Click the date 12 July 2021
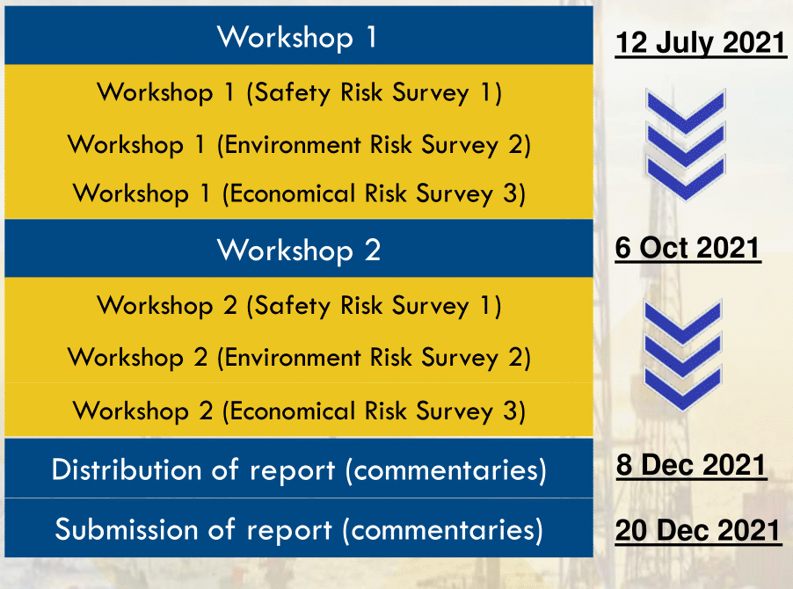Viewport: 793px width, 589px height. (701, 42)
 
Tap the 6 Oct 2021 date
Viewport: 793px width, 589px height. (688, 248)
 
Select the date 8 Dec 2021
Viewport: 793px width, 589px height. (691, 465)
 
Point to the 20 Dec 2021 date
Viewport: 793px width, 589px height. (698, 530)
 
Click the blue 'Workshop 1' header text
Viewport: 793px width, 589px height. (297, 37)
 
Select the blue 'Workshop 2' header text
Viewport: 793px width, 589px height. (299, 251)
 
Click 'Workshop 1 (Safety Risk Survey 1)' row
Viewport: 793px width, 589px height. (299, 92)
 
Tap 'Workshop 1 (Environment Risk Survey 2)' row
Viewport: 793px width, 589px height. (299, 144)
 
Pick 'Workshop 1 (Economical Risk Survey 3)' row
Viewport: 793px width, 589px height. (299, 193)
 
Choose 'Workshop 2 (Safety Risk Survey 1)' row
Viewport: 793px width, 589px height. (299, 306)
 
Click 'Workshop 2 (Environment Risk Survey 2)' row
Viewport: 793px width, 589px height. (299, 358)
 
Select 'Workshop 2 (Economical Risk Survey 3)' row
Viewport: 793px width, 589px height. (299, 411)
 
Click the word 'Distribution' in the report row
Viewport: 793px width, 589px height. (127, 469)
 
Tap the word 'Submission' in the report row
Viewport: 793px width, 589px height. (127, 529)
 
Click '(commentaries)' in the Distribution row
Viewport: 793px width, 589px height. (446, 470)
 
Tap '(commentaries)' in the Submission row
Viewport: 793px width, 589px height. (442, 530)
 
